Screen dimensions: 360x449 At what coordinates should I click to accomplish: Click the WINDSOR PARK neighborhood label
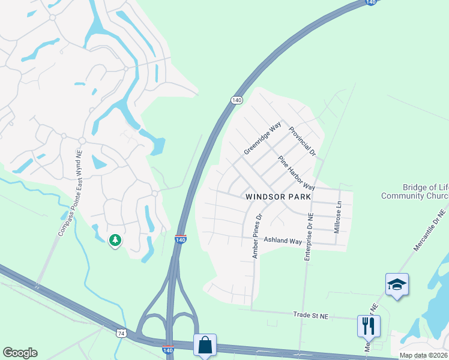coord(278,197)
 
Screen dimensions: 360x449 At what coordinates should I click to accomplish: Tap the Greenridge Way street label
coord(263,139)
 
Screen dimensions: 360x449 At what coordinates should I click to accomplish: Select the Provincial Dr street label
coord(302,141)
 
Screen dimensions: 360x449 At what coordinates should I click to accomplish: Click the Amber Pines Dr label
coord(258,236)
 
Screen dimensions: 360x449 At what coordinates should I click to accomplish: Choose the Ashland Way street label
coord(282,241)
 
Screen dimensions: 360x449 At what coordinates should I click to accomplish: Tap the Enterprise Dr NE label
coord(309,236)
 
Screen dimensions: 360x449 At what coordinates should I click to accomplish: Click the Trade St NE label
coord(311,314)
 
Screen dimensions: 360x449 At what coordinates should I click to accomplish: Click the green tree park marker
coord(115,240)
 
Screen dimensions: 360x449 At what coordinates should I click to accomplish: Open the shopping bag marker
coord(205,345)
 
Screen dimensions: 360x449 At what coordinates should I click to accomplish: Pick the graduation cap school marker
coord(397,284)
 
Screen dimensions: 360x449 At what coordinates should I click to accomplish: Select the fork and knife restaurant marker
coord(368,326)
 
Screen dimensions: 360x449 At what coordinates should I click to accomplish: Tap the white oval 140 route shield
coord(237,100)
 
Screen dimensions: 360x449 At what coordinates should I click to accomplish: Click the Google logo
coord(20,353)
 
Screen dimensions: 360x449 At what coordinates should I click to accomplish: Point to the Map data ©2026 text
coord(423,355)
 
